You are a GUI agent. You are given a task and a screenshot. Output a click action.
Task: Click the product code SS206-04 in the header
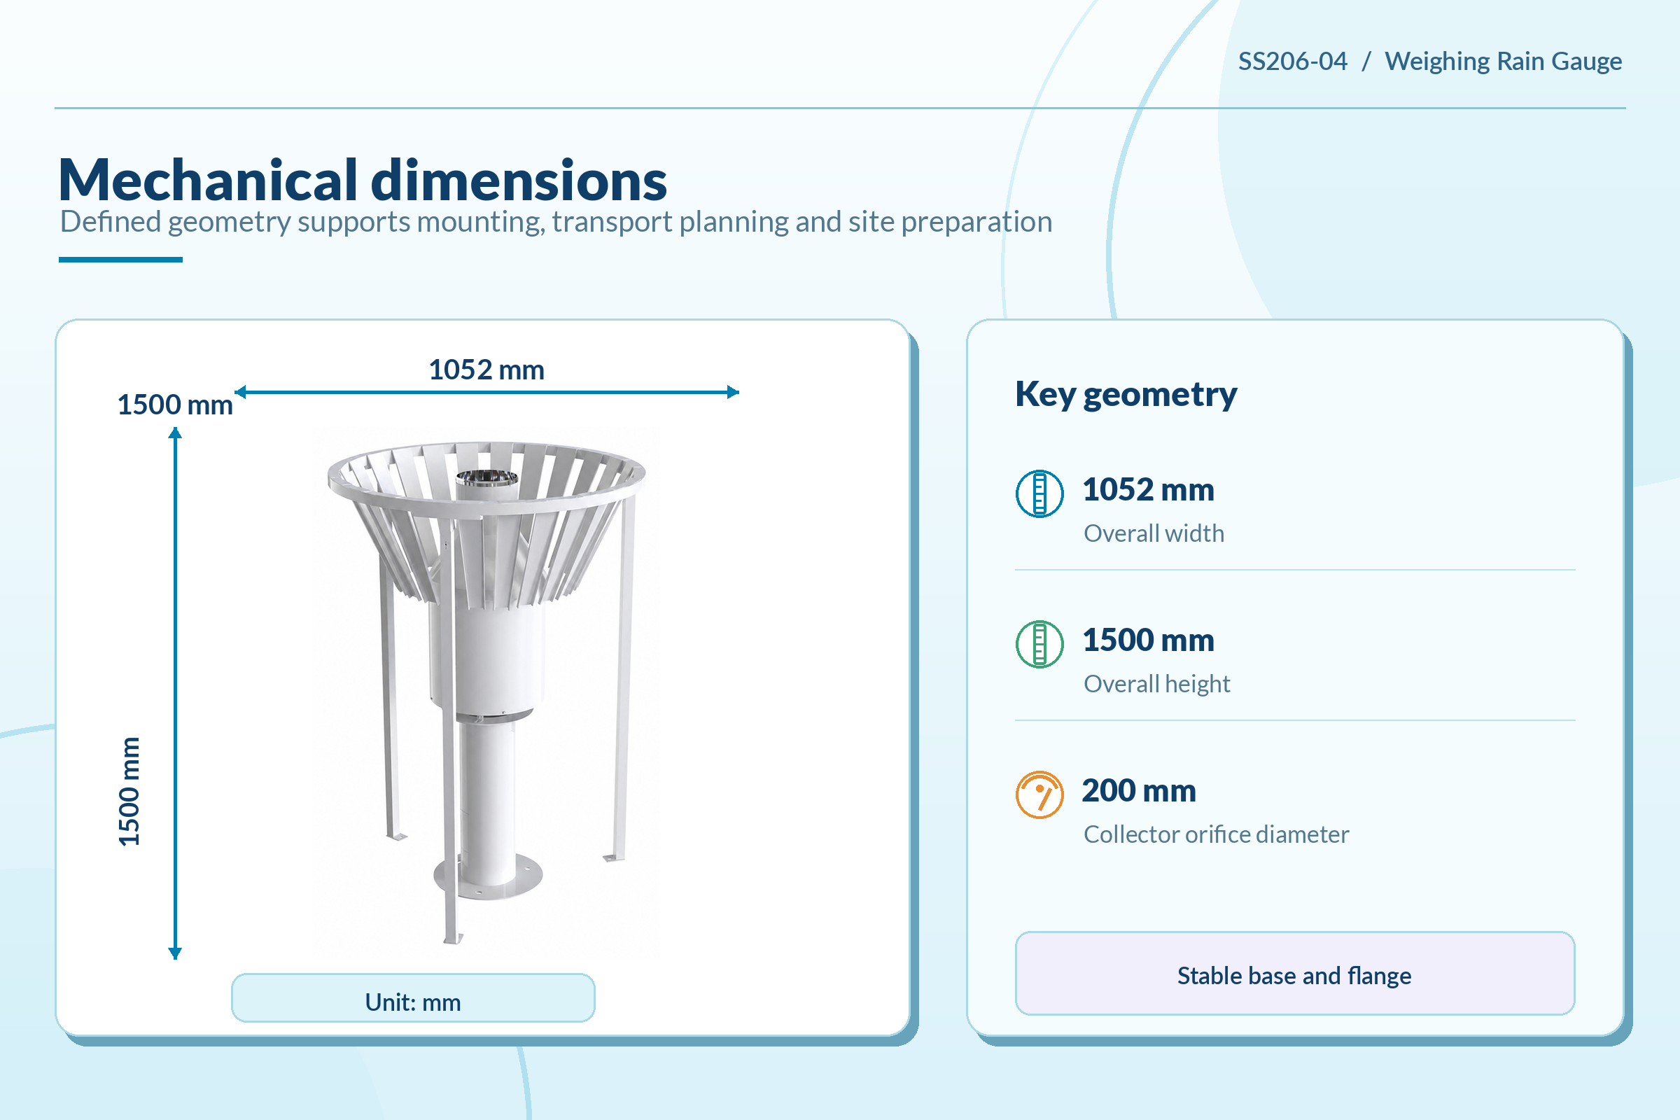pos(1292,62)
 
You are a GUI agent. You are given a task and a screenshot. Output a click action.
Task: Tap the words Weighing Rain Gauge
pos(1503,62)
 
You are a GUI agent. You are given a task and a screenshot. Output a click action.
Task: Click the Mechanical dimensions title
pos(363,180)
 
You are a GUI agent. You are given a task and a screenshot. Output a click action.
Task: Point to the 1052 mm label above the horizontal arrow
pos(486,370)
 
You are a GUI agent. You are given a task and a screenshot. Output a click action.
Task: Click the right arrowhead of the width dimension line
pos(733,392)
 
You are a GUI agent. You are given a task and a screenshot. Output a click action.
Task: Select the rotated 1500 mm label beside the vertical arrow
pos(129,792)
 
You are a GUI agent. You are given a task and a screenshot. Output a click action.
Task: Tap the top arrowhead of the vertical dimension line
pos(175,433)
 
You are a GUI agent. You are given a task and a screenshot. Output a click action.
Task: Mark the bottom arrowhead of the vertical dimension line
pos(175,953)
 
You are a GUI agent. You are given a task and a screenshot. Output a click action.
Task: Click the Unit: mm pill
pos(413,998)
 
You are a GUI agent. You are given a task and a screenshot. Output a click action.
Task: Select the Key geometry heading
pos(1126,394)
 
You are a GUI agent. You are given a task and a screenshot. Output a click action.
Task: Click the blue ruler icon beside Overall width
pos(1039,493)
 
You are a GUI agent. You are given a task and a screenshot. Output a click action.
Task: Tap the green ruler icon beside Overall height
pos(1039,644)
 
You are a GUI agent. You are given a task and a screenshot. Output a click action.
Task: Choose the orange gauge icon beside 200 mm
pos(1039,794)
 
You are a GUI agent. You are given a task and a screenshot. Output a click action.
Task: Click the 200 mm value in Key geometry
pos(1139,791)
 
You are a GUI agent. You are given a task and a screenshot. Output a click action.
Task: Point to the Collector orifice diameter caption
pos(1216,834)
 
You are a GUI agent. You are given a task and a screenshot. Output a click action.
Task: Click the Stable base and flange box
pos(1295,973)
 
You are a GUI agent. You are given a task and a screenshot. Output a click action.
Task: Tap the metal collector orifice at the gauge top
pos(487,477)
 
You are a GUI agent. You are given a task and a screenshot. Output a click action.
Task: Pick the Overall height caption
pos(1156,685)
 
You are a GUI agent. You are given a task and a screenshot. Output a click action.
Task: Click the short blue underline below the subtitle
pos(120,260)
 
